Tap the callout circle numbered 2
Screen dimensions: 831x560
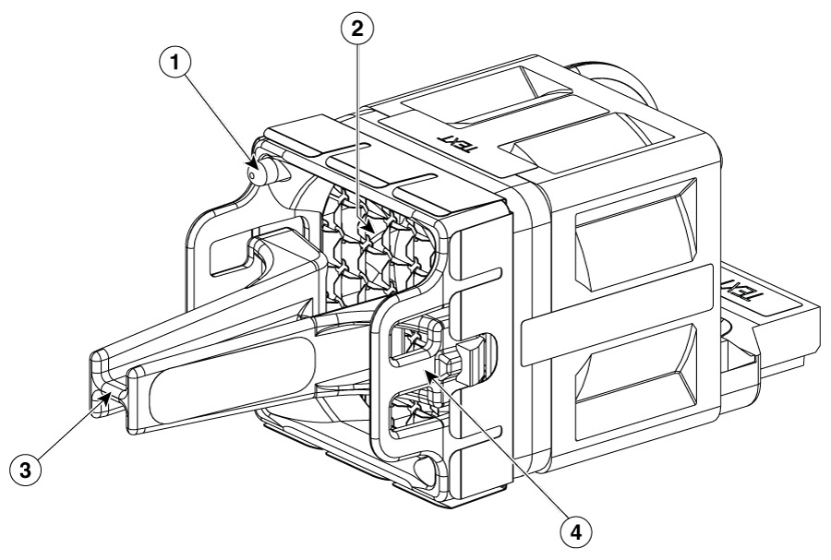357,28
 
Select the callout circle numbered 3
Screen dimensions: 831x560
26,469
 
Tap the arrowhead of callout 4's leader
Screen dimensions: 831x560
428,375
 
